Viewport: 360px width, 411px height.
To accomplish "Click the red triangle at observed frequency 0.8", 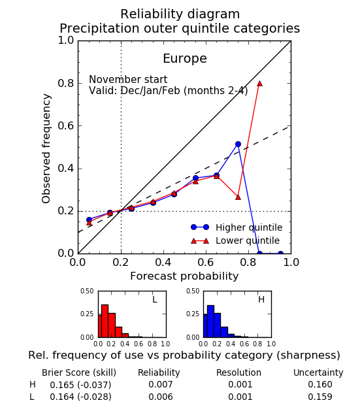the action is click(259, 84).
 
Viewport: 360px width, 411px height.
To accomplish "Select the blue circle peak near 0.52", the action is click(238, 144).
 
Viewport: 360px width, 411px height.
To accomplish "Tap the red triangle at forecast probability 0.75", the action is click(238, 197).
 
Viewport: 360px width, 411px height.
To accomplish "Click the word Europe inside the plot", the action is click(185, 58).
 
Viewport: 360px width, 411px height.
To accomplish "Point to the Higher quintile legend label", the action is click(249, 227).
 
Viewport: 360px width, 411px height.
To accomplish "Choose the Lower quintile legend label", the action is click(248, 240).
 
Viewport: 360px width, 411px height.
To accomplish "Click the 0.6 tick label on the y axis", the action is click(66, 125).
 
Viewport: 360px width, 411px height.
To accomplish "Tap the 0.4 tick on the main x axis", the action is click(163, 262).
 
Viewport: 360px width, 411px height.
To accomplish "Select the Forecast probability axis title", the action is click(184, 276).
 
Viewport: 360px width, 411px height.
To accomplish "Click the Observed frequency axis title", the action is click(46, 148).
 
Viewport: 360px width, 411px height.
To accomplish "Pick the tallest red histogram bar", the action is click(105, 321).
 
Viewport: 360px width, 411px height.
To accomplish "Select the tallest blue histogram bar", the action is click(210, 321).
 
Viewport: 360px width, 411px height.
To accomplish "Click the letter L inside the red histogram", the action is click(155, 299).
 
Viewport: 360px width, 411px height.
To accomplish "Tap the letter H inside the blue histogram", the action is click(261, 299).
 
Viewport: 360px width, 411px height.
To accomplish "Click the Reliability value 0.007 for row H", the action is click(161, 384).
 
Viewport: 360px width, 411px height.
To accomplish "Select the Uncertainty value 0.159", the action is click(320, 397).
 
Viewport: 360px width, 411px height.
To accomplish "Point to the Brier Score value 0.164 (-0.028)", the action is click(80, 397).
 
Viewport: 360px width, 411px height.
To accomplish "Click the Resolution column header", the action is click(238, 372).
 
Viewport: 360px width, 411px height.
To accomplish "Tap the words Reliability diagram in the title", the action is click(180, 14).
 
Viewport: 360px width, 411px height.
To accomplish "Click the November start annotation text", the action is click(128, 79).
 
